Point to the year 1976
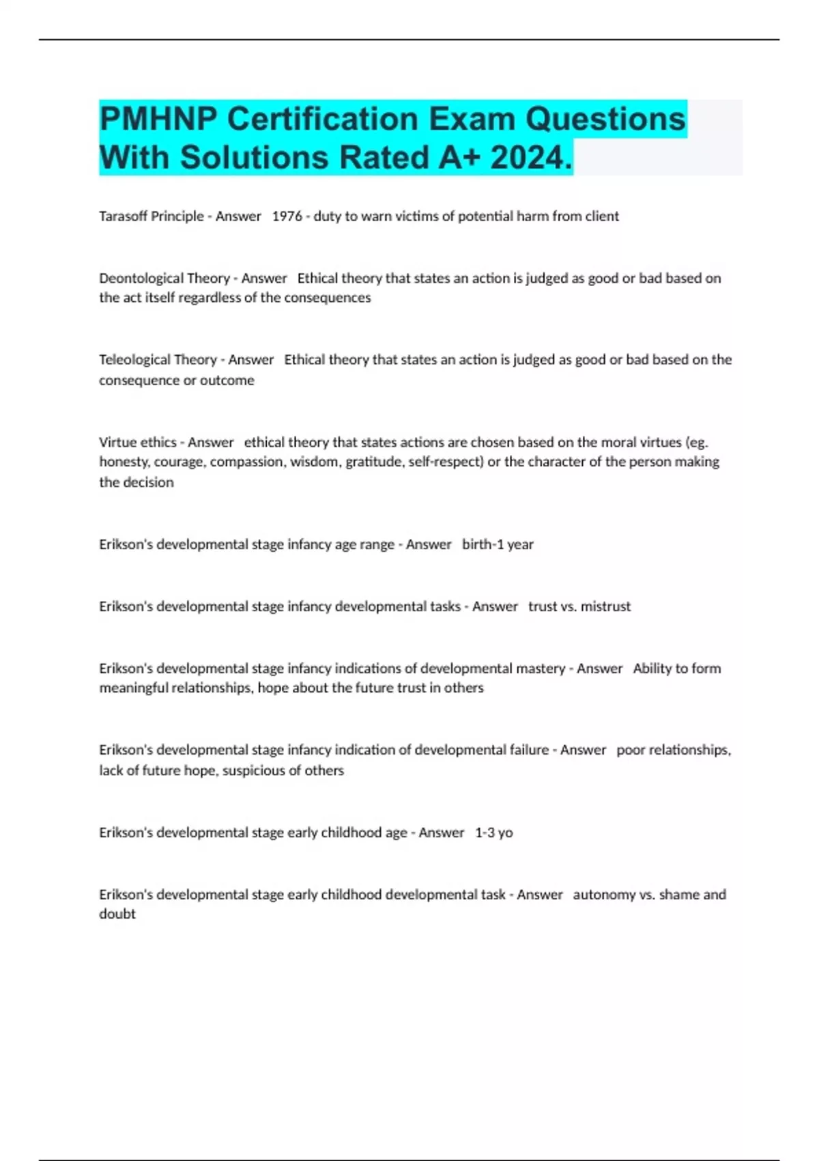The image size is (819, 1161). (287, 216)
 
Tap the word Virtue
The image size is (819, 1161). (117, 443)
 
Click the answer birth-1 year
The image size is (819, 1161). (498, 545)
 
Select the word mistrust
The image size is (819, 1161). (605, 606)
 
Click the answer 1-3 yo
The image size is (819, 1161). (493, 833)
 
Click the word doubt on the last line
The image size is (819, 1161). (117, 914)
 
